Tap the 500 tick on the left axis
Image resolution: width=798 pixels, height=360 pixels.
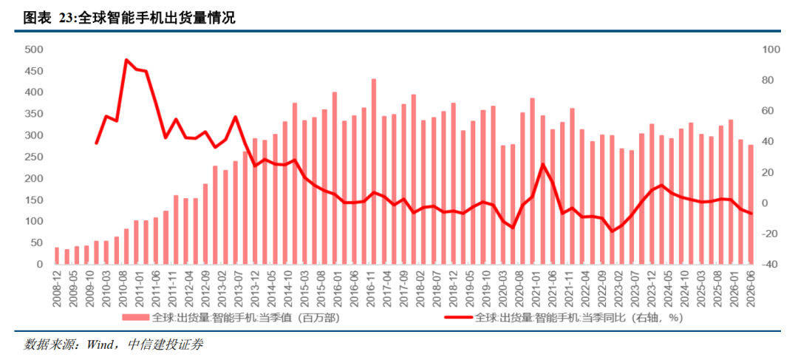pos(34,50)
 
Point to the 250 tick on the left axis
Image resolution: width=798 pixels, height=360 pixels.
pos(34,157)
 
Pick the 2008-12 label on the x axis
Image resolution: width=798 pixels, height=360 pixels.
pos(57,288)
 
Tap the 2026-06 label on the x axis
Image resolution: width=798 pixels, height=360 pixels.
pos(750,288)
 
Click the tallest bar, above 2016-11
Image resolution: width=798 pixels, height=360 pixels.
pos(374,171)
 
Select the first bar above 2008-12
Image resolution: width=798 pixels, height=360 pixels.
pos(57,256)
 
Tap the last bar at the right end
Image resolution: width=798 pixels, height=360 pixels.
pos(750,205)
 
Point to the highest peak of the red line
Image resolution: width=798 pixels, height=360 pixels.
pos(126,60)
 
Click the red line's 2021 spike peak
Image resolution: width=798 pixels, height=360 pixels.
pos(542,164)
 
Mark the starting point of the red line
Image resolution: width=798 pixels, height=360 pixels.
pos(96,143)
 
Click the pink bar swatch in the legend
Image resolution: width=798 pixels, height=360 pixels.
pos(136,318)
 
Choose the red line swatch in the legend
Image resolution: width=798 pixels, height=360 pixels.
pos(458,318)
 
